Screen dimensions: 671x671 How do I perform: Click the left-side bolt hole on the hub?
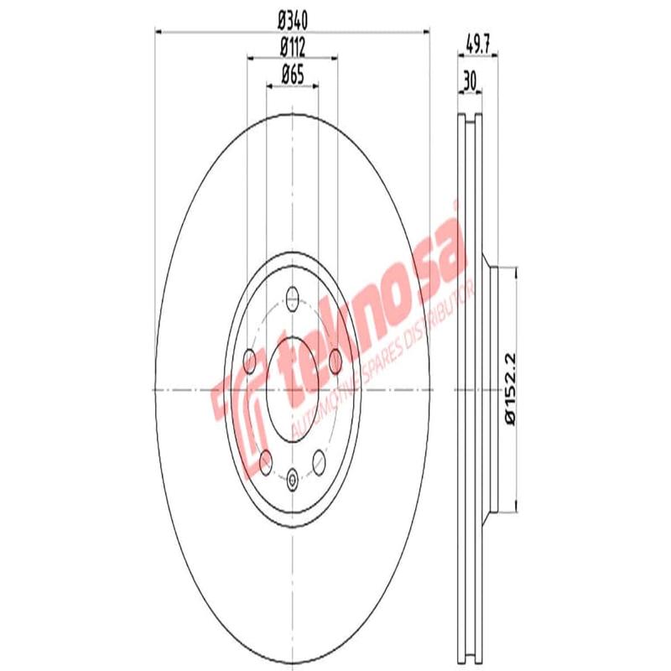[x=249, y=362]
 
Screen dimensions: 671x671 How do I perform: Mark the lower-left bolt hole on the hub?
[x=265, y=460]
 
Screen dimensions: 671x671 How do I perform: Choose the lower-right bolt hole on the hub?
[x=319, y=460]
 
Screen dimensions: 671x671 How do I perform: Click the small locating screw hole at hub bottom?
[x=292, y=481]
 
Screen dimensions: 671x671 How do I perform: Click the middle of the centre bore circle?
[x=292, y=390]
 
